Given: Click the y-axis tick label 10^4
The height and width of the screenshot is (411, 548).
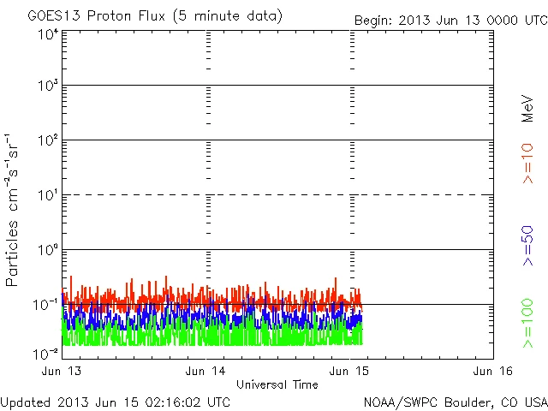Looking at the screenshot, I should tap(47, 35).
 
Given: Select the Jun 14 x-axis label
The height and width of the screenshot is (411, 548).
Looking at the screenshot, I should tap(205, 372).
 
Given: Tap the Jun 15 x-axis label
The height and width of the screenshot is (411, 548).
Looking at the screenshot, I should tap(350, 372).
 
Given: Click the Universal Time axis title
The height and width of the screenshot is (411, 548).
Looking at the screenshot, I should tap(277, 384).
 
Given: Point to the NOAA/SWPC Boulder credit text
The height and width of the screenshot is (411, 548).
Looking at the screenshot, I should tap(455, 402).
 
